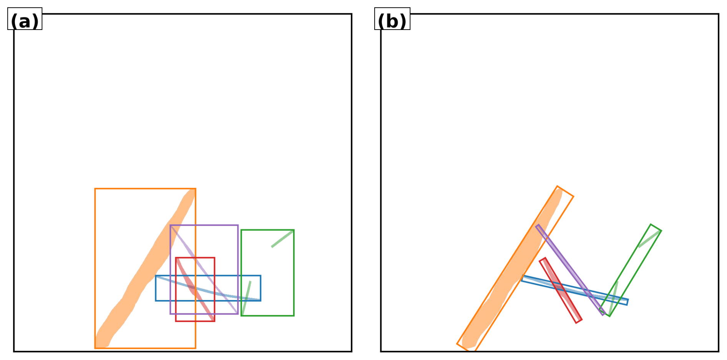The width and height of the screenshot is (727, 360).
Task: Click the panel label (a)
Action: pos(25,21)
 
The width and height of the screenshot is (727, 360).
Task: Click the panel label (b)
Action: pos(392,21)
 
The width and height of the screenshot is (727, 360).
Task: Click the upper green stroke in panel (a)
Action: pos(282,239)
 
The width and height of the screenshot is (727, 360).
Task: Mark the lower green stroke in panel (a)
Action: pos(246,297)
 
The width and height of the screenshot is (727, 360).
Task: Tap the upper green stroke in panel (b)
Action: pos(649,239)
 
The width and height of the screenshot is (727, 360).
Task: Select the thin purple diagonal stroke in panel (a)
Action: pos(204,269)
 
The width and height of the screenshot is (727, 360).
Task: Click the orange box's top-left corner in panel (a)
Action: pos(95,189)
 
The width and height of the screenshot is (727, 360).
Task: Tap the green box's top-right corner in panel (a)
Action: pos(294,230)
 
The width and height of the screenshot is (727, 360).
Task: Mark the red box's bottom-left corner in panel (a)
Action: pos(176,321)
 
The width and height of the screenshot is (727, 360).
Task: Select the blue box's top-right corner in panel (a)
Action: pos(261,276)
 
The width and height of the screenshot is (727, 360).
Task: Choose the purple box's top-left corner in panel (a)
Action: pos(171,226)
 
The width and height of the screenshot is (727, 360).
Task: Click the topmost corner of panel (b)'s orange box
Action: pos(558,186)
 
